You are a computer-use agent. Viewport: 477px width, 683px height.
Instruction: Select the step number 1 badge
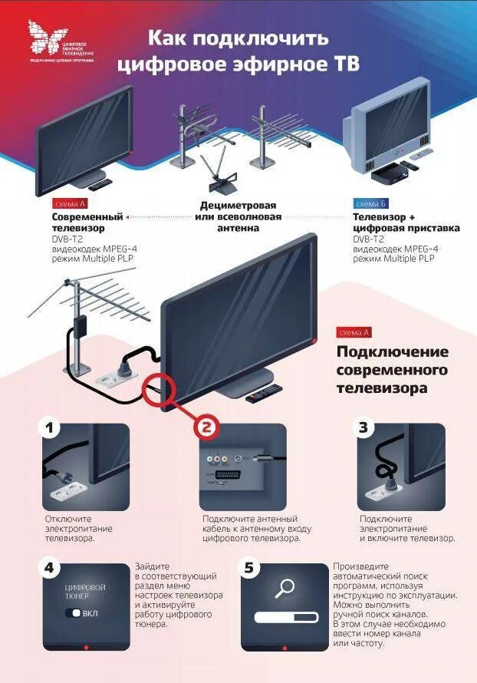[x=50, y=428]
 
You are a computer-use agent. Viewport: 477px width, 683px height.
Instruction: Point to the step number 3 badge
[x=364, y=428]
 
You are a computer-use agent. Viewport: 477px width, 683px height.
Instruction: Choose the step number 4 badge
[x=50, y=568]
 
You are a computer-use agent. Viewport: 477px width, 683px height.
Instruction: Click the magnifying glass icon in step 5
[x=285, y=589]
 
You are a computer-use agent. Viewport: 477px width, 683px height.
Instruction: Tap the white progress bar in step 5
[x=285, y=617]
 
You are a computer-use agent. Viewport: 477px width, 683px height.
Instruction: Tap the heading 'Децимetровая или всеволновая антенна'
[x=238, y=217]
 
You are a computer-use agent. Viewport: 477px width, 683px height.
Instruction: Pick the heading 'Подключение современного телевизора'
[x=392, y=370]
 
